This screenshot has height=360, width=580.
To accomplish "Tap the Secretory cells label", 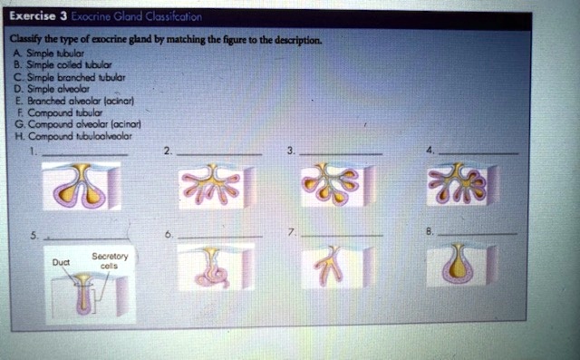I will pyautogui.click(x=114, y=260).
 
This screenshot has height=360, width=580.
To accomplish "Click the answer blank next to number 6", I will pyautogui.click(x=220, y=234).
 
